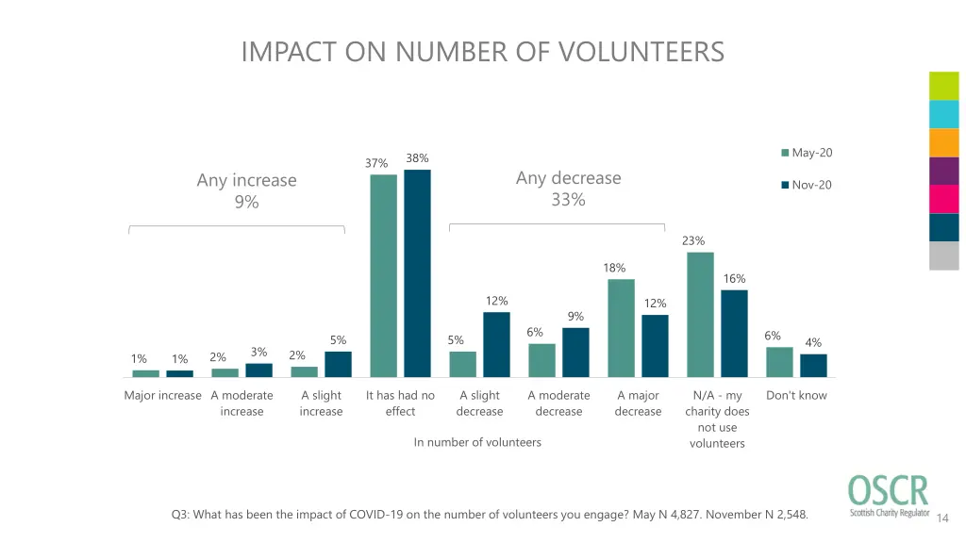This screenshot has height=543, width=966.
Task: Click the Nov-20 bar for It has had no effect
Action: pos(417,273)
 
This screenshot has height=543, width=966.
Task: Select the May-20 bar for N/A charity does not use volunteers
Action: pos(700,315)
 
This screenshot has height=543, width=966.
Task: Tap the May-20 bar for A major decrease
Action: pos(621,328)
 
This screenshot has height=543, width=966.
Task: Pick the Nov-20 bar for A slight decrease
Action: pos(496,344)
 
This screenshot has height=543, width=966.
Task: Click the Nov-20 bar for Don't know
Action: pos(813,366)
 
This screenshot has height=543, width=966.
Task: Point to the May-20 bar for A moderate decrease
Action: pos(541,360)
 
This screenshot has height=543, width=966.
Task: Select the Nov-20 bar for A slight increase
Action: pos(338,364)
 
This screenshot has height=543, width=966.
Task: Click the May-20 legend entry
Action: pos(807,153)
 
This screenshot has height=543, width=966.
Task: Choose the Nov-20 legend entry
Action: pos(807,185)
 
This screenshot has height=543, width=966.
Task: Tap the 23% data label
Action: pos(693,241)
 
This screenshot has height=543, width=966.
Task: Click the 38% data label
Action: pos(417,158)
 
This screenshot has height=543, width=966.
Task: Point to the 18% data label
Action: pos(614,269)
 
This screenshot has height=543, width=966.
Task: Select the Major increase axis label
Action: pos(162,396)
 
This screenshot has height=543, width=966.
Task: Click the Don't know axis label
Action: pos(796,396)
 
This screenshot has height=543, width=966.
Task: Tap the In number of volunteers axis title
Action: pos(477,442)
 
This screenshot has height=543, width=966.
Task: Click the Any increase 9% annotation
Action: pos(246,190)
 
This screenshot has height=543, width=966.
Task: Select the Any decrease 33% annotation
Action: pos(569,189)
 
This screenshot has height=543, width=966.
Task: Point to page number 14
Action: pos(944,518)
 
